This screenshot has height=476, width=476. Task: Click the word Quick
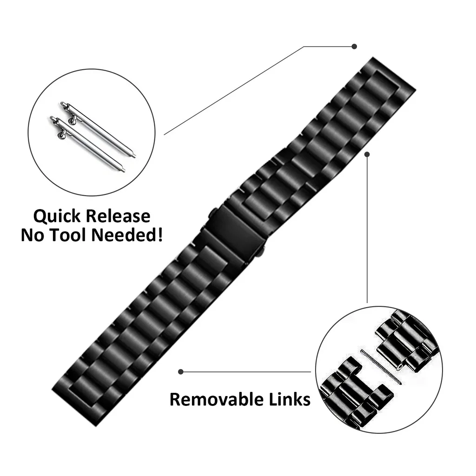pos(57,217)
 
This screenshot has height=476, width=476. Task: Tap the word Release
pos(118,216)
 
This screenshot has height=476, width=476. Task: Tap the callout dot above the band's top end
pos(354,46)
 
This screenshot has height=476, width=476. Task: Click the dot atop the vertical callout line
pos(367,154)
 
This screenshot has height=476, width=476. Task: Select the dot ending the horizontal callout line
pos(181,371)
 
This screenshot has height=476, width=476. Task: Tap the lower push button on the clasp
pos(261,250)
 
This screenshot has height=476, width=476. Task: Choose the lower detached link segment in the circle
pos(355,395)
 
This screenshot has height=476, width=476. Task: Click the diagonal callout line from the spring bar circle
pos(234,91)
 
